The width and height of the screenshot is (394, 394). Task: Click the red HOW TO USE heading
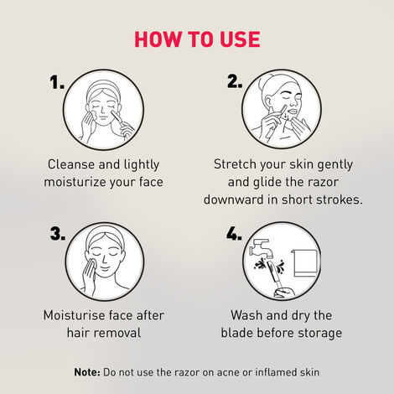tap(197, 39)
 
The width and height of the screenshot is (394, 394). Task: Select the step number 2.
tap(236, 82)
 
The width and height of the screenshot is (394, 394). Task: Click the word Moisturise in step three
tap(75, 315)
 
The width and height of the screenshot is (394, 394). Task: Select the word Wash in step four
tap(247, 315)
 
